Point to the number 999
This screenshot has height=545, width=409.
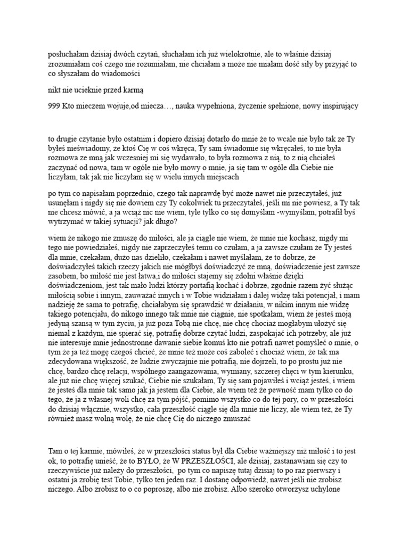[x=55, y=106]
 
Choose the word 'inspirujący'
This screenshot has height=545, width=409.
[x=338, y=106]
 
